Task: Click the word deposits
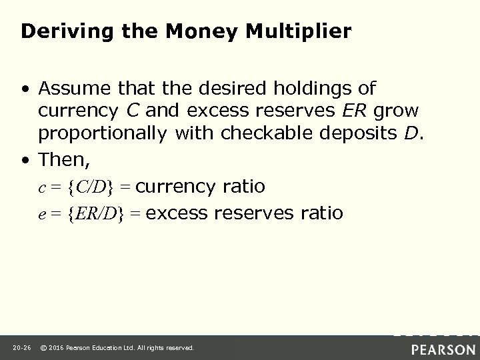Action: [358, 133]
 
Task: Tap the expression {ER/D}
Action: [99, 213]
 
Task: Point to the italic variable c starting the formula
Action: [41, 187]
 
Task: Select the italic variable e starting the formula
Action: [41, 214]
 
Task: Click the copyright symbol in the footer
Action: [43, 348]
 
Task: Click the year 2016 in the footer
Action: [56, 348]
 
